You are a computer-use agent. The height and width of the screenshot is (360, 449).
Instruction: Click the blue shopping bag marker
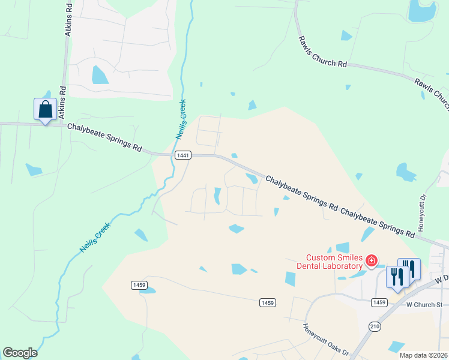coord(45,110)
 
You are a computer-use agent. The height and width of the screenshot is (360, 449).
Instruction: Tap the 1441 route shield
coord(183,155)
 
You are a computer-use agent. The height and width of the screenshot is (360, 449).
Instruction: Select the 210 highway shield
coord(375,325)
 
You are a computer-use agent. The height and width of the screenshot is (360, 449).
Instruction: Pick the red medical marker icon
coord(372,260)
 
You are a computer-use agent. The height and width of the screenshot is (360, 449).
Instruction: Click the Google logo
coord(20,353)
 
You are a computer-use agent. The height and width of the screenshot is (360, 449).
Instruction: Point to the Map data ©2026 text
coord(423,355)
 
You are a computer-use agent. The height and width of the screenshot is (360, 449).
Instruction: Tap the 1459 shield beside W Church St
coord(379,302)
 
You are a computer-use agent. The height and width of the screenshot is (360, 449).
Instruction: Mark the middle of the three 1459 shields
coord(268,303)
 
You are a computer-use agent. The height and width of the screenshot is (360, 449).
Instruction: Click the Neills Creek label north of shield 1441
coord(181,119)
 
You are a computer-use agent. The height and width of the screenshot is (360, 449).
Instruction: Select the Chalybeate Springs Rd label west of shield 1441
coord(104,137)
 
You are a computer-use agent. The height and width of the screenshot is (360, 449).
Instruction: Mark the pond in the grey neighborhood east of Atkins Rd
coord(100,75)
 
